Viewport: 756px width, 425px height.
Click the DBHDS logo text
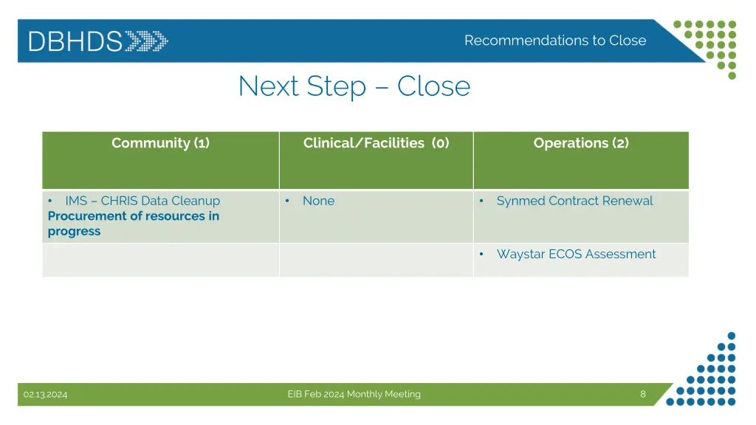pyautogui.click(x=75, y=41)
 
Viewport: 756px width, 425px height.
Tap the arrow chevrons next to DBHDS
pyautogui.click(x=146, y=41)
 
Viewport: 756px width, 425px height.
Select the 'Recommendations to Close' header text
pyautogui.click(x=554, y=41)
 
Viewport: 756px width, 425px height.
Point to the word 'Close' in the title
pyautogui.click(x=433, y=87)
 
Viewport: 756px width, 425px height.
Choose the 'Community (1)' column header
pyautogui.click(x=160, y=143)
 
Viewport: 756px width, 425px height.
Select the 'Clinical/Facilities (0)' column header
pyautogui.click(x=376, y=143)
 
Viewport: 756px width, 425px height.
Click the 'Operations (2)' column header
pyautogui.click(x=581, y=143)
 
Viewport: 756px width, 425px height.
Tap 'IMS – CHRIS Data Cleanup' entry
pyautogui.click(x=142, y=201)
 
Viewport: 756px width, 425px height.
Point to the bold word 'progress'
pyautogui.click(x=74, y=232)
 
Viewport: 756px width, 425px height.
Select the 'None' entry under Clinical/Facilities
pyautogui.click(x=318, y=201)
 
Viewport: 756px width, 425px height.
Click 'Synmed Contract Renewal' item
pyautogui.click(x=574, y=201)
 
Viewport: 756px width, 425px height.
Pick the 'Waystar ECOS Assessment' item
pyautogui.click(x=576, y=254)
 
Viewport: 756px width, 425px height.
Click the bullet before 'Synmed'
pyautogui.click(x=481, y=201)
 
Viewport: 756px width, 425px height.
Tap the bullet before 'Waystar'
pyautogui.click(x=481, y=254)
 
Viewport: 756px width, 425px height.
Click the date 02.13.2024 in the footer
pyautogui.click(x=45, y=395)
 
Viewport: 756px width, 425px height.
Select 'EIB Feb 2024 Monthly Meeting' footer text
pyautogui.click(x=354, y=395)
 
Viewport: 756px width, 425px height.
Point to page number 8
pyautogui.click(x=642, y=394)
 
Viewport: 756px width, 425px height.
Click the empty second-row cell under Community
pyautogui.click(x=160, y=260)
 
